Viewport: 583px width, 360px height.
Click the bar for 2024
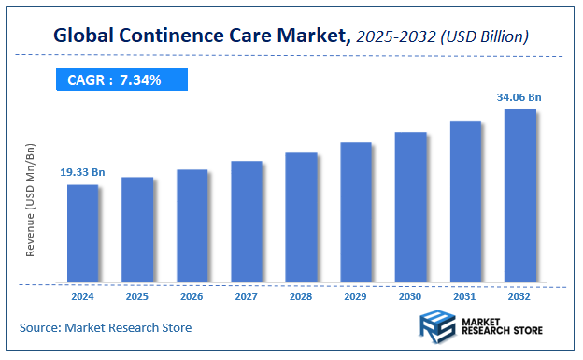[x=82, y=233]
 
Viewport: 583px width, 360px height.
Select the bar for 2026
[x=192, y=225]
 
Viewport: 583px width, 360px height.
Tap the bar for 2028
[x=301, y=217]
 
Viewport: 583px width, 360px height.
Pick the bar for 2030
[x=410, y=207]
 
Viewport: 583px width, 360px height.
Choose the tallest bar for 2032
[x=519, y=195]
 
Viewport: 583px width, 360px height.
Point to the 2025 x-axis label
[x=137, y=296]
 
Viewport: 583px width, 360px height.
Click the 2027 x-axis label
[x=247, y=296]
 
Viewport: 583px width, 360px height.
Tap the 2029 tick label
[x=356, y=296]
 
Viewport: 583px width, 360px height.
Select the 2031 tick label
[x=465, y=296]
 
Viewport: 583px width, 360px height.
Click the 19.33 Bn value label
[x=82, y=172]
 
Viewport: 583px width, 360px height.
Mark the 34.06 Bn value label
[x=519, y=96]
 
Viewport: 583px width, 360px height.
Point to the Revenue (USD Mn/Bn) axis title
[x=31, y=200]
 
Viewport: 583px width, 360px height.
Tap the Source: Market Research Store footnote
[x=105, y=327]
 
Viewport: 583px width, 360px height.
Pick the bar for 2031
[x=465, y=201]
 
